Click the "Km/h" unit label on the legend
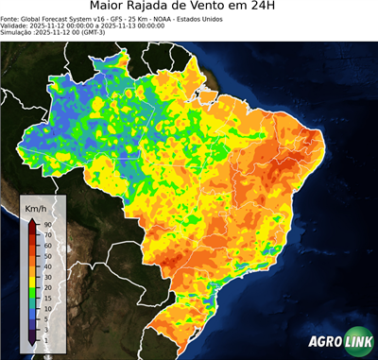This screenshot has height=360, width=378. [37, 207]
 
